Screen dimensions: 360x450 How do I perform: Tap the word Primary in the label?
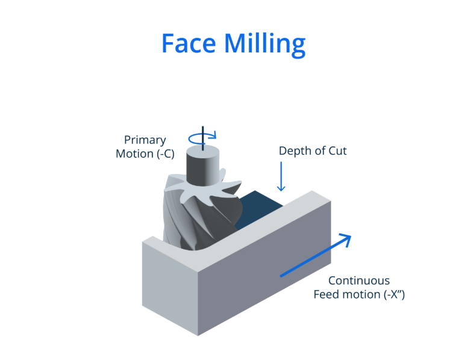145,140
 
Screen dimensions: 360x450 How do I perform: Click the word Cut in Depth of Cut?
337,151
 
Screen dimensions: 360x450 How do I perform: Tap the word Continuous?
359,281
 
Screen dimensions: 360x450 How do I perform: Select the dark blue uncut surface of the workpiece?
253,208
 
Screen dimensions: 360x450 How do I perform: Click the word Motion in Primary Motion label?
135,154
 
